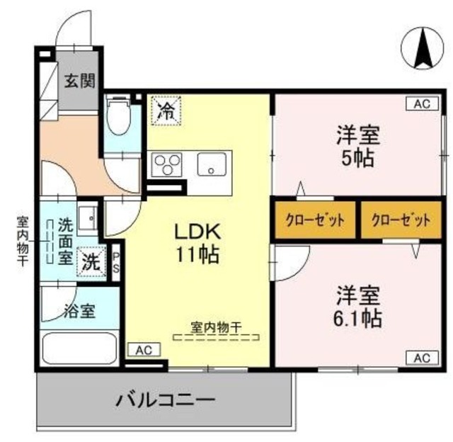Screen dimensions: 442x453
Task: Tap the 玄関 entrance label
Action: [x=81, y=81]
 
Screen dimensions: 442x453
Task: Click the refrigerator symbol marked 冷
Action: [x=166, y=110]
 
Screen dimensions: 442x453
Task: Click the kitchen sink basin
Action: [x=212, y=166]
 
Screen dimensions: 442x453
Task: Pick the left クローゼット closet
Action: [x=315, y=220]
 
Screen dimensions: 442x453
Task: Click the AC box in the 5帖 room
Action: [x=422, y=104]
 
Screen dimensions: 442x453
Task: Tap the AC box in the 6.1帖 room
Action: [x=422, y=357]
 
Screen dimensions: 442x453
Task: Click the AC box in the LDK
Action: [x=144, y=349]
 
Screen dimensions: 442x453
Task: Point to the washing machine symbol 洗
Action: [x=91, y=260]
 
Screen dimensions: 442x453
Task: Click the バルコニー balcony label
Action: [x=165, y=400]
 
